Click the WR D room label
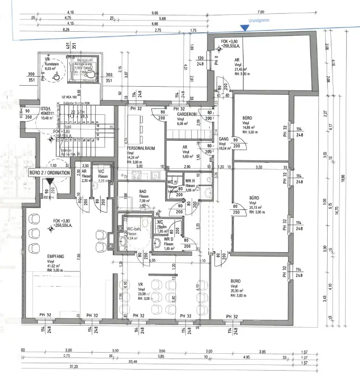(169, 239)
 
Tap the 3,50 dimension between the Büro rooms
(258, 167)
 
